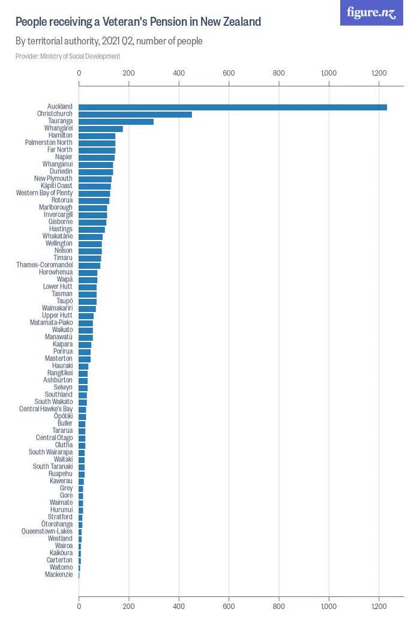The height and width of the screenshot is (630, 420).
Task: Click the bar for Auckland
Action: (233, 107)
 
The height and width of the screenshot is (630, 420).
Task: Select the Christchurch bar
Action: (135, 114)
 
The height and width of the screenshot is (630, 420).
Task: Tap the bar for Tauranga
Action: (116, 121)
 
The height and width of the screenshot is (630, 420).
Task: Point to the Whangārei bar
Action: (101, 128)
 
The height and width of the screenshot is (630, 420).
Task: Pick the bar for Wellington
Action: (90, 244)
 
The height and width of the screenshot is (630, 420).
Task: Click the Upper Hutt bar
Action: (86, 316)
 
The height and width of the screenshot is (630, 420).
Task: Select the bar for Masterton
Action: (85, 359)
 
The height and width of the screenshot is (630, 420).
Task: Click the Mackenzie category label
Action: (59, 575)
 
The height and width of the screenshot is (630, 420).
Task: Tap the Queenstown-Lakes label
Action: (47, 532)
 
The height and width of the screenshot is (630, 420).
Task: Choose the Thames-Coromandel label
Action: (44, 265)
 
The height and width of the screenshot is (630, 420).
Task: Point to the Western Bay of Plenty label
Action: (44, 193)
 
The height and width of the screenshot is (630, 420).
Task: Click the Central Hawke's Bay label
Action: (46, 409)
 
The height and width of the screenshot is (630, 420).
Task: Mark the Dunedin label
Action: (61, 172)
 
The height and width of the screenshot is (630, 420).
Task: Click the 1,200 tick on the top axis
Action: (378, 73)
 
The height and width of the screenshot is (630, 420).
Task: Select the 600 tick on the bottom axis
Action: (229, 607)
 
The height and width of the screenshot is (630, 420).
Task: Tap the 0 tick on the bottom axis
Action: (79, 607)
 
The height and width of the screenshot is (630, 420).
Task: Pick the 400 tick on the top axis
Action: (179, 73)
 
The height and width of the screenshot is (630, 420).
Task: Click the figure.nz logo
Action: (371, 13)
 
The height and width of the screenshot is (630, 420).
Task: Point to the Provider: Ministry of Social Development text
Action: (68, 56)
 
